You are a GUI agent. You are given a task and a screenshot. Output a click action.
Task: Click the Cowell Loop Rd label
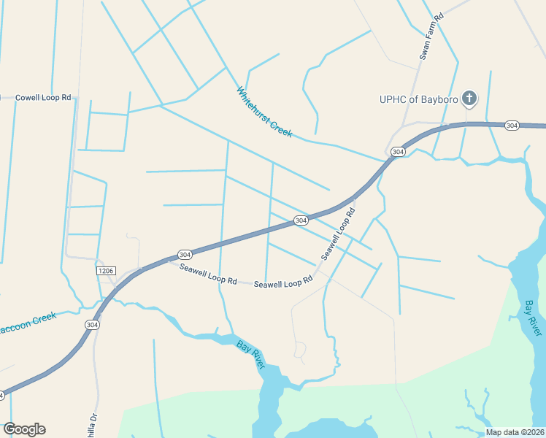coord(43,97)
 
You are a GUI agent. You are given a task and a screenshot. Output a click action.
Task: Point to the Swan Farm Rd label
coord(431,36)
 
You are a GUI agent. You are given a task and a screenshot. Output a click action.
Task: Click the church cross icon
coord(469,98)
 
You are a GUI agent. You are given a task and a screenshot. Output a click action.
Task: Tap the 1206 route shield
coord(106,271)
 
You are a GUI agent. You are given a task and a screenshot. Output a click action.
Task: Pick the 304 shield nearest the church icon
coord(512,126)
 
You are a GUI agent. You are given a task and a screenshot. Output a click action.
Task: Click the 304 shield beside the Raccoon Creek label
coord(91,324)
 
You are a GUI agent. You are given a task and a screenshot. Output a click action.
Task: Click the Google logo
coord(24,429)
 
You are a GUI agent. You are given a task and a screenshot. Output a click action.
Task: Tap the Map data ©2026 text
coord(515,432)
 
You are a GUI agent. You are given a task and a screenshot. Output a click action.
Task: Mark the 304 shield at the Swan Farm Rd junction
coord(397,152)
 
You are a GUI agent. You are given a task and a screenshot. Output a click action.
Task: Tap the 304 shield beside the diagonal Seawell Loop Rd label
coord(301,220)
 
